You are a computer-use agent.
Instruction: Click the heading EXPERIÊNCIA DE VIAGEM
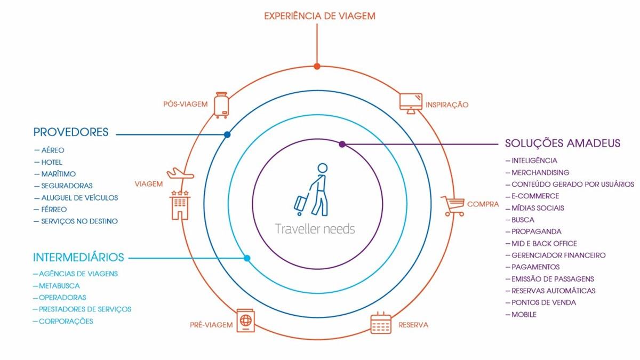click(319, 16)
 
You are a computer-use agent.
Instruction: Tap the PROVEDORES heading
click(71, 132)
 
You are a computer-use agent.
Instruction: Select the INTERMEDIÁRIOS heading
click(78, 258)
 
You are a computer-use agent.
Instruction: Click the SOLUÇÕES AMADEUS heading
click(563, 143)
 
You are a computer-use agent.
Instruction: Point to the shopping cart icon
click(452, 205)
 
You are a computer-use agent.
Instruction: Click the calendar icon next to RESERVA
click(380, 323)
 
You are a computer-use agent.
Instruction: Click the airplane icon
click(180, 173)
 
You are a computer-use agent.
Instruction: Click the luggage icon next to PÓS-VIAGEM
click(221, 105)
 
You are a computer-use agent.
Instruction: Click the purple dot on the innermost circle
click(342, 144)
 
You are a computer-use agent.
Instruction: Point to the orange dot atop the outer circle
click(317, 67)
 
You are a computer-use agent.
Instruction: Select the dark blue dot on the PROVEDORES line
click(227, 135)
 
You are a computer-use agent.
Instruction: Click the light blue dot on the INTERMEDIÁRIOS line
click(247, 258)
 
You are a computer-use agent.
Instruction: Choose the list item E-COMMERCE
click(535, 196)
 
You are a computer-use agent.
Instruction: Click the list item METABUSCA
click(59, 285)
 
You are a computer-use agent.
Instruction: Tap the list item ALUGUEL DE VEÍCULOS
click(79, 197)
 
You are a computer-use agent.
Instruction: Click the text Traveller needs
click(315, 229)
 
